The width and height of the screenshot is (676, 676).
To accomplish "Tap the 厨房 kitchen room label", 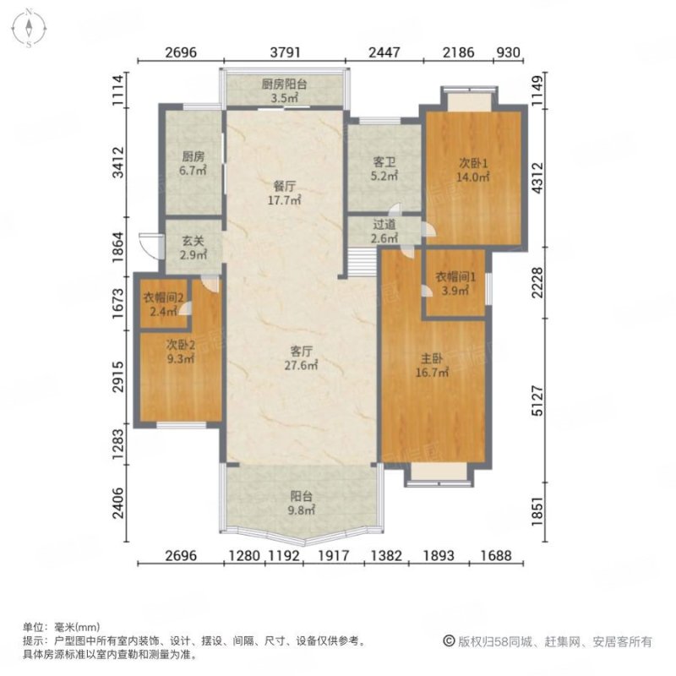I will click(194, 156).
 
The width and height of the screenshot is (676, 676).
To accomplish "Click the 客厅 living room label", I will click(302, 351).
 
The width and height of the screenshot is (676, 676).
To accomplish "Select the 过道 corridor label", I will click(385, 225).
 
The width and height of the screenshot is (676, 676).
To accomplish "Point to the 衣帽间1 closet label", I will click(455, 275).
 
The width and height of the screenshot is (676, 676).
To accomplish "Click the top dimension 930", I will click(506, 52).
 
